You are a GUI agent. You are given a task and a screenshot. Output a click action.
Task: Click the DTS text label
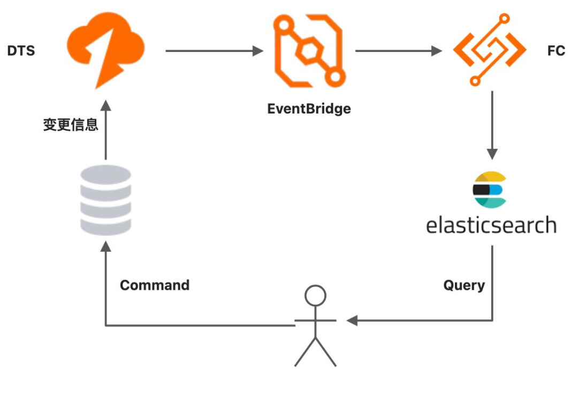tap(21, 51)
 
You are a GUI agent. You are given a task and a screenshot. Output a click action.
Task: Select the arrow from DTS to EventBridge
tap(214, 51)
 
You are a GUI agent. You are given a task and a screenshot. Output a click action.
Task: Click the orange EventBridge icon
tap(309, 50)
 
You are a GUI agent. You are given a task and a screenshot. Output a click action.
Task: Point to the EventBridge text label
tap(309, 109)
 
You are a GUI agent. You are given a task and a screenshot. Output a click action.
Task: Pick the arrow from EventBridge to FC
tap(399, 51)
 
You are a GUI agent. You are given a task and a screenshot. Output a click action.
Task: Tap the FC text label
tap(556, 51)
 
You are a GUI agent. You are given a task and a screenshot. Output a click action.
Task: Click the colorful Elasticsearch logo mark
tap(489, 190)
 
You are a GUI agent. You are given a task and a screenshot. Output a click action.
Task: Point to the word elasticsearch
tap(491, 224)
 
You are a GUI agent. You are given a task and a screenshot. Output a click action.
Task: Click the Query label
tap(464, 285)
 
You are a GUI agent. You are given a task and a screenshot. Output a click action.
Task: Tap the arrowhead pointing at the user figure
tap(352, 321)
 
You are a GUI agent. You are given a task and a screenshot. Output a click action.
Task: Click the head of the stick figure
tap(315, 295)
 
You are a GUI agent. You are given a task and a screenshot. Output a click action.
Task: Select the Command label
tap(155, 285)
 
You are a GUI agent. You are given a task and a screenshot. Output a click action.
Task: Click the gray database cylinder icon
tap(105, 200)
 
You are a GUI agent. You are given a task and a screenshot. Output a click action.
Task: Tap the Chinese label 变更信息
tap(71, 125)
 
